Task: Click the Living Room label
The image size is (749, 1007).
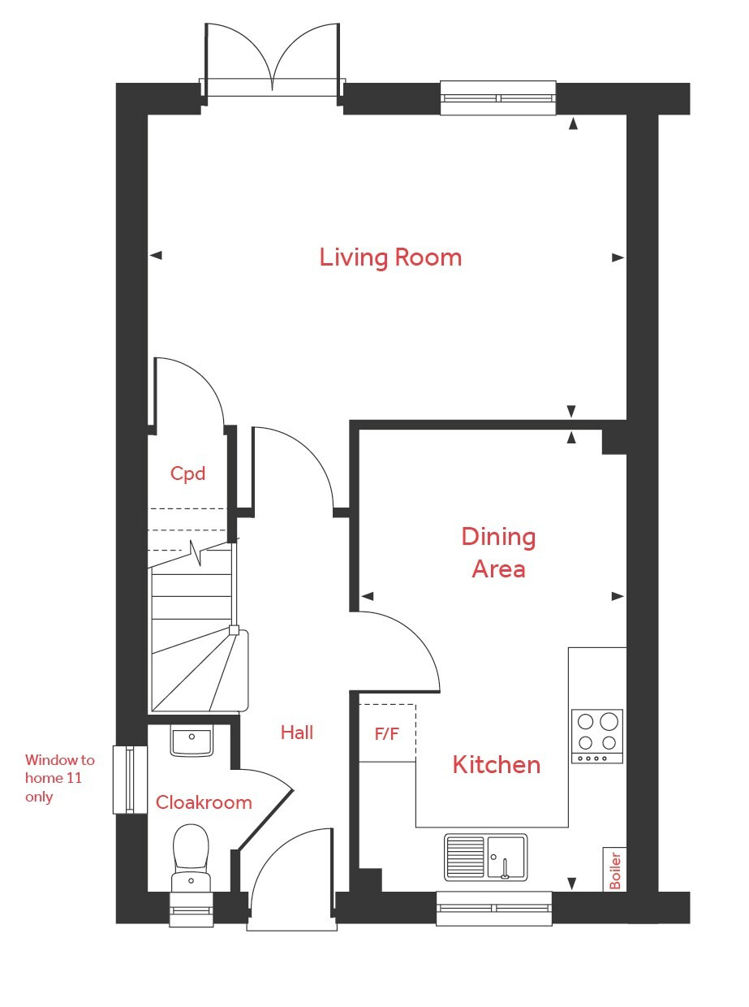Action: pyautogui.click(x=390, y=257)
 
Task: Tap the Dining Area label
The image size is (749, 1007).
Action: pyautogui.click(x=498, y=552)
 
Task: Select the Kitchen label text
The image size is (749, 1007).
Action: pyautogui.click(x=496, y=764)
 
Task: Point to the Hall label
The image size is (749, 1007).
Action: pyautogui.click(x=297, y=733)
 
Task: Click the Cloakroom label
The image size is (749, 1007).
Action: pyautogui.click(x=204, y=802)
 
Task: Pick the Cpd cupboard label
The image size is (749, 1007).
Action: pyautogui.click(x=187, y=473)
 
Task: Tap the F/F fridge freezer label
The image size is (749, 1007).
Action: pyautogui.click(x=386, y=734)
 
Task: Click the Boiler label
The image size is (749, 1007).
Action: pyautogui.click(x=614, y=870)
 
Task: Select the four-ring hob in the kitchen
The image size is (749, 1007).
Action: pyautogui.click(x=597, y=735)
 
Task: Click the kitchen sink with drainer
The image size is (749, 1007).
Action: pyautogui.click(x=485, y=857)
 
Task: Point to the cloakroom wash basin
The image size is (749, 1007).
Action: pyautogui.click(x=192, y=741)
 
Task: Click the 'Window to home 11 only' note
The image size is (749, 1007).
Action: pyautogui.click(x=59, y=778)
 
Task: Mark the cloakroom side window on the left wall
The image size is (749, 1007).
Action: pyautogui.click(x=124, y=780)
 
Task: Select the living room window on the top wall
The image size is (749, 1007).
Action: pyautogui.click(x=498, y=98)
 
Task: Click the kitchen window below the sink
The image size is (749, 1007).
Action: pyautogui.click(x=493, y=908)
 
